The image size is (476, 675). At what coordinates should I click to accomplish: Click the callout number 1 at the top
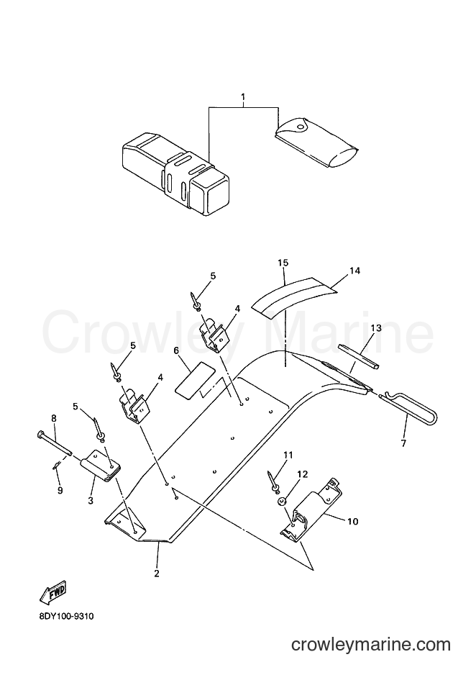(x=243, y=97)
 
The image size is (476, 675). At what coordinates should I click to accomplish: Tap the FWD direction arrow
(x=53, y=590)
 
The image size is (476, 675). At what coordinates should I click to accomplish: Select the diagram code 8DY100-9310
(x=65, y=617)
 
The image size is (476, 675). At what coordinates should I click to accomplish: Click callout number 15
(x=283, y=263)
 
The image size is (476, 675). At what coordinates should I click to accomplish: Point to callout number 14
(x=354, y=271)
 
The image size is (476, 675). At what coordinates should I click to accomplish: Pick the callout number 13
(x=376, y=328)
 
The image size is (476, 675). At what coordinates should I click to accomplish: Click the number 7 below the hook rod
(x=403, y=443)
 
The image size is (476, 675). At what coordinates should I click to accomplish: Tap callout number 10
(x=352, y=522)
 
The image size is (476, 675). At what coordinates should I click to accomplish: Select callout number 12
(x=303, y=474)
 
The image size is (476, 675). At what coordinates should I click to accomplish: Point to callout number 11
(x=288, y=455)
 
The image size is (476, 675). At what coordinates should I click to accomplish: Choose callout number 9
(x=60, y=490)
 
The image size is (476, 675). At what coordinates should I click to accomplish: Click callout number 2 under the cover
(x=157, y=574)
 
